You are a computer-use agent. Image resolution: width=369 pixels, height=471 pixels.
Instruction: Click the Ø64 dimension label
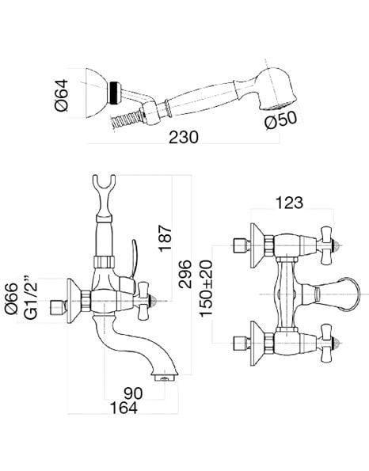tap(61, 95)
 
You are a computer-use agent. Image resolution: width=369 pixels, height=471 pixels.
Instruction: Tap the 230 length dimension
tap(184, 137)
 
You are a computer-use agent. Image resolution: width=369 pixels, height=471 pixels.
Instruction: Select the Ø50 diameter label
tap(280, 120)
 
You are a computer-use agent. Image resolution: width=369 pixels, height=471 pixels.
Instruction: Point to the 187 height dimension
tap(165, 237)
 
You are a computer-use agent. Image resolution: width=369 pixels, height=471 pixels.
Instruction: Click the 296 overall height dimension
tap(184, 274)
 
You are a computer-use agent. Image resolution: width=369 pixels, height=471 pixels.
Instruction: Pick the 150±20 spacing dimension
tap(206, 288)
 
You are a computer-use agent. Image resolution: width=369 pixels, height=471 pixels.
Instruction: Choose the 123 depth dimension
tap(289, 203)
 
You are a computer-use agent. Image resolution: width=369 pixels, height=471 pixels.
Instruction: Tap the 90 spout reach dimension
tap(133, 393)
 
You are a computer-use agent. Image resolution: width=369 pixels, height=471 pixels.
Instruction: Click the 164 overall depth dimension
tap(124, 408)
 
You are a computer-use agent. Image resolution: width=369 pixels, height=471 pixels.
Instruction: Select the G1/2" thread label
tap(31, 296)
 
